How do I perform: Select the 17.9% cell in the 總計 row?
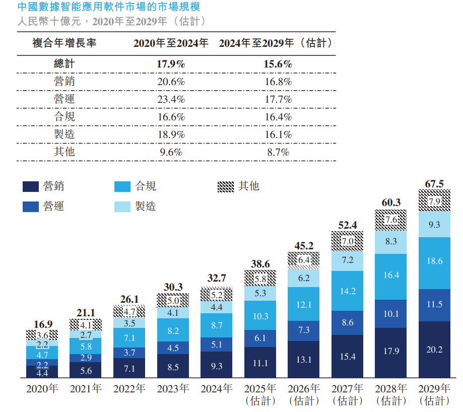coord(171,64)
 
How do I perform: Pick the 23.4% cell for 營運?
coord(171,99)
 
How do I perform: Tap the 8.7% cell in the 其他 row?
coord(277,152)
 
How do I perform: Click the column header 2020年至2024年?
coord(171,43)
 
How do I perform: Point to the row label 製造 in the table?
coord(64,134)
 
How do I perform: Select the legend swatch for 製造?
coord(123,207)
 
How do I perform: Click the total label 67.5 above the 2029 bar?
coord(434,184)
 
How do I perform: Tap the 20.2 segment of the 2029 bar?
coord(434,350)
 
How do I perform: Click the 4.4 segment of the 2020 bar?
coord(42,373)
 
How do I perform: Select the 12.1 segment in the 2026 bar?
coord(303,304)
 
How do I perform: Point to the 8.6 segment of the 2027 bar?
coord(347,323)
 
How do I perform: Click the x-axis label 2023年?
coord(173,389)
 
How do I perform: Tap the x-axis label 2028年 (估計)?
coord(391,394)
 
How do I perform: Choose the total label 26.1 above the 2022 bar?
coord(129,299)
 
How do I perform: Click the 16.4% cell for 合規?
coord(277,117)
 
